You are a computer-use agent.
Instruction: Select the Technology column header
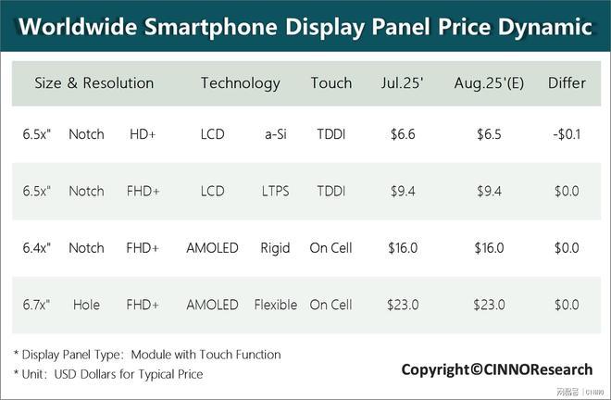click(x=240, y=83)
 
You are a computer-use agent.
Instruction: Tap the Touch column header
click(x=330, y=83)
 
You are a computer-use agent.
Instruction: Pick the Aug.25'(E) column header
click(x=489, y=83)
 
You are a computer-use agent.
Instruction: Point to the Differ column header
click(x=567, y=83)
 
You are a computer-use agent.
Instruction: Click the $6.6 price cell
click(x=404, y=134)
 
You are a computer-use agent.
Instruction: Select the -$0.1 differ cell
click(x=566, y=134)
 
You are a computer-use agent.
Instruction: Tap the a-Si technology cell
click(x=275, y=134)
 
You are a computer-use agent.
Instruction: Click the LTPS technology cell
click(x=275, y=192)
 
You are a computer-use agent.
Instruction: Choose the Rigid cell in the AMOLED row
click(x=275, y=248)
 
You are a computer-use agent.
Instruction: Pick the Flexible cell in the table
click(x=275, y=305)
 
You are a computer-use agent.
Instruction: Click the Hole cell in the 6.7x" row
click(x=86, y=305)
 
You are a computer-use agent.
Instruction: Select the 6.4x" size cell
click(x=37, y=248)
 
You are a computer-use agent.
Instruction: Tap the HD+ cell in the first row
click(x=143, y=134)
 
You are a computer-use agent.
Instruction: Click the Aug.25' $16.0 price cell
click(x=489, y=248)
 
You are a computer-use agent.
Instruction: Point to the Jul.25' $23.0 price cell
click(x=404, y=305)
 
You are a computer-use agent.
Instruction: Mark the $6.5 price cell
click(x=489, y=134)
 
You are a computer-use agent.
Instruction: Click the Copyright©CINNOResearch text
click(x=496, y=369)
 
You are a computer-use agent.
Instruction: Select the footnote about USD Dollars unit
click(x=108, y=374)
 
